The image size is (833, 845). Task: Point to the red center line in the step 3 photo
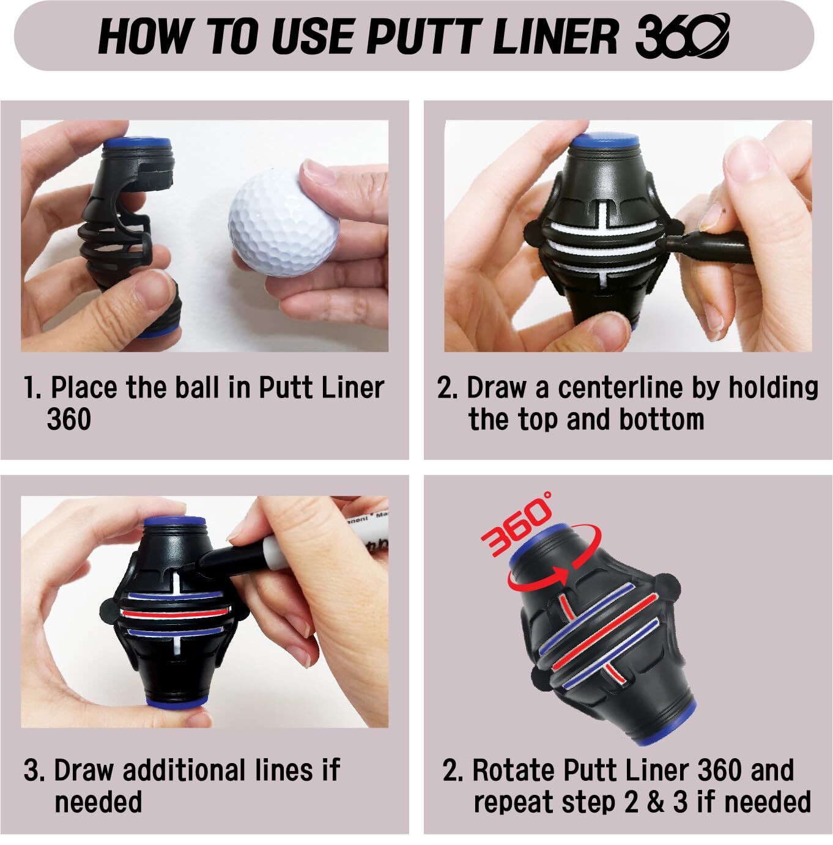174,612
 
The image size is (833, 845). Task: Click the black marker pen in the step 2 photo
716,245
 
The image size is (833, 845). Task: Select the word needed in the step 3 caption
98,802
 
